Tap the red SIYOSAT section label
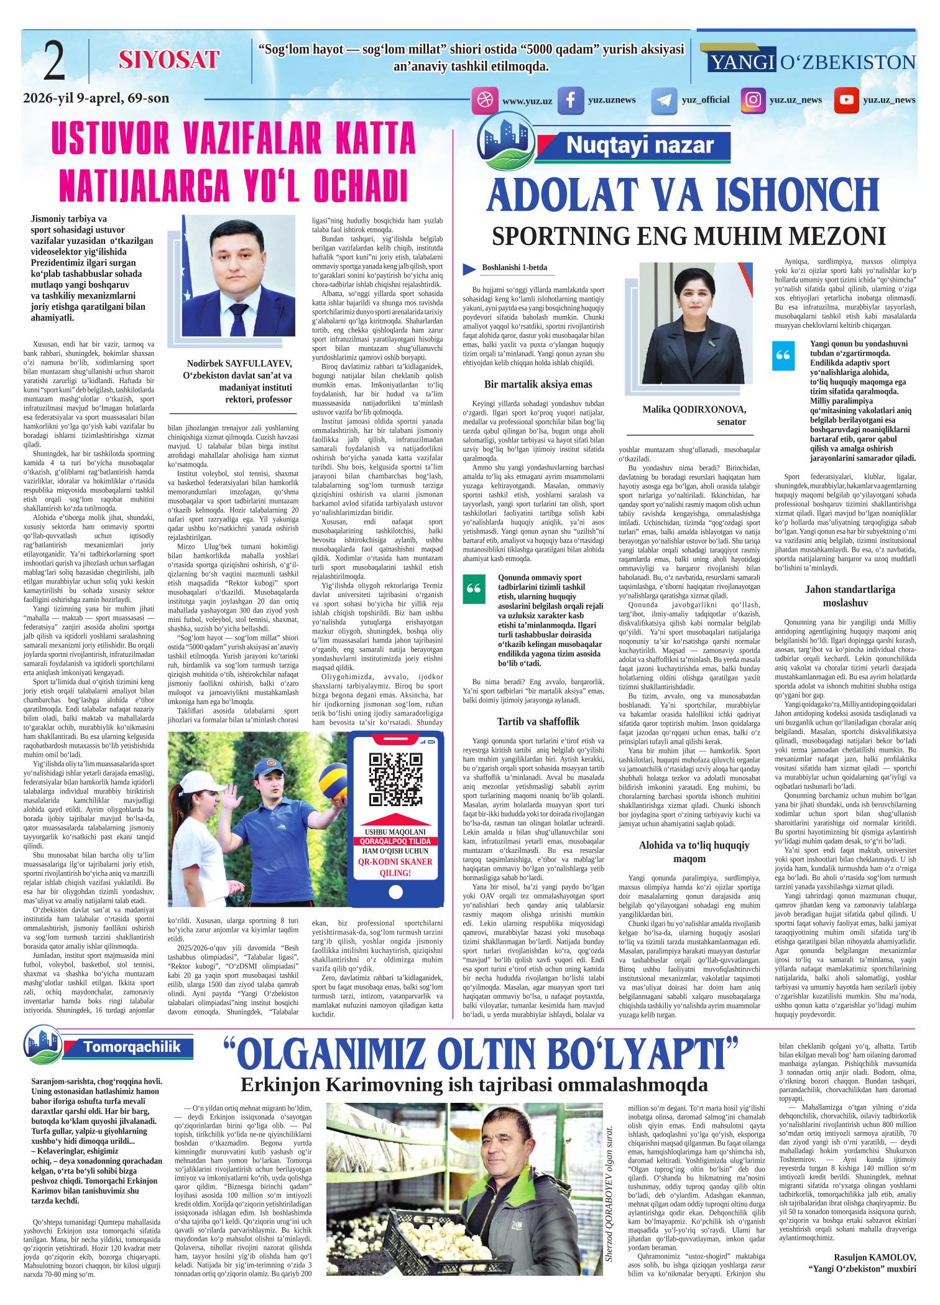[169, 60]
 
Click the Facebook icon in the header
[570, 100]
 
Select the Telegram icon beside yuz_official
[664, 100]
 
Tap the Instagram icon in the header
[753, 100]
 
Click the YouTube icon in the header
[846, 100]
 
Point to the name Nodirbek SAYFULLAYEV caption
[239, 364]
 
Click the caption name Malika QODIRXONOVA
[694, 409]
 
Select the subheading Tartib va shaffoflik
[538, 721]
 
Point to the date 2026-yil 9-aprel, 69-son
[96, 98]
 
